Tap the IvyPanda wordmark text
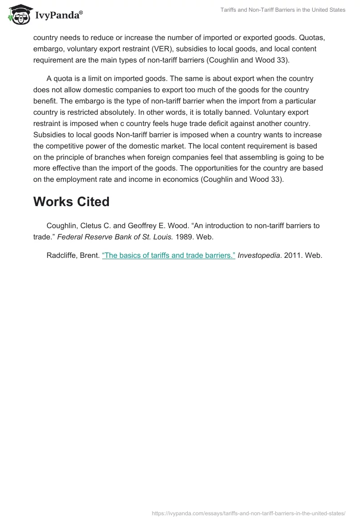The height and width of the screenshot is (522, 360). (x=58, y=15)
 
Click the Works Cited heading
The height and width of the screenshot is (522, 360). (x=71, y=202)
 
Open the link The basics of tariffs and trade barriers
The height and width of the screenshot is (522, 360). (x=168, y=255)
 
